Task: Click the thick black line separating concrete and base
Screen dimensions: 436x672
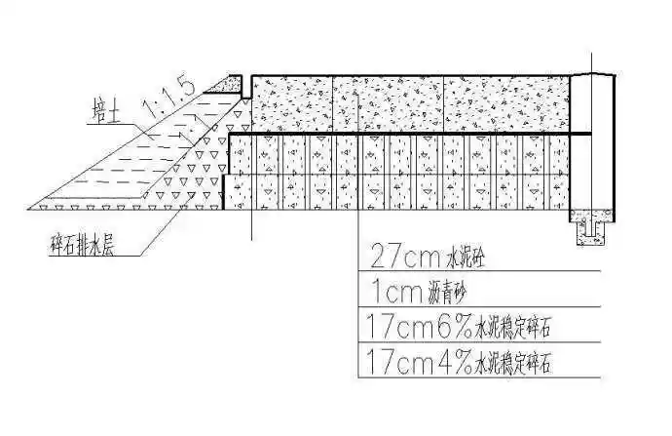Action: pos(409,133)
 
